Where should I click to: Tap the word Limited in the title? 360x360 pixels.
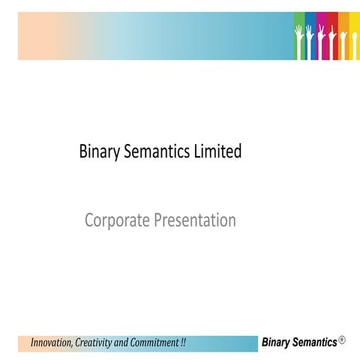click(221, 151)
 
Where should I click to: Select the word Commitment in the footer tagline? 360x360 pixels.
click(152, 343)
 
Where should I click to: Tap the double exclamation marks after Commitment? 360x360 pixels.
click(183, 343)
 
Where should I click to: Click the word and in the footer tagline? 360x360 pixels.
click(119, 343)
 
